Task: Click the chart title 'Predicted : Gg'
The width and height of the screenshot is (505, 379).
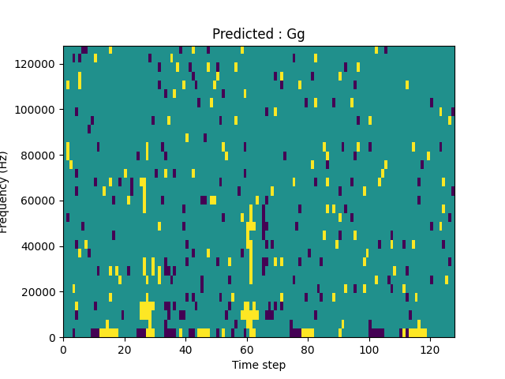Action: pos(259,34)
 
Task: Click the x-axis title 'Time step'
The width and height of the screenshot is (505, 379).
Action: pos(259,365)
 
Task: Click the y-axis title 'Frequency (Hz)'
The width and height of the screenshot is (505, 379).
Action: pos(5,192)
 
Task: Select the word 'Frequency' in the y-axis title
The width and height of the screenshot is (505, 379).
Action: pos(5,205)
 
